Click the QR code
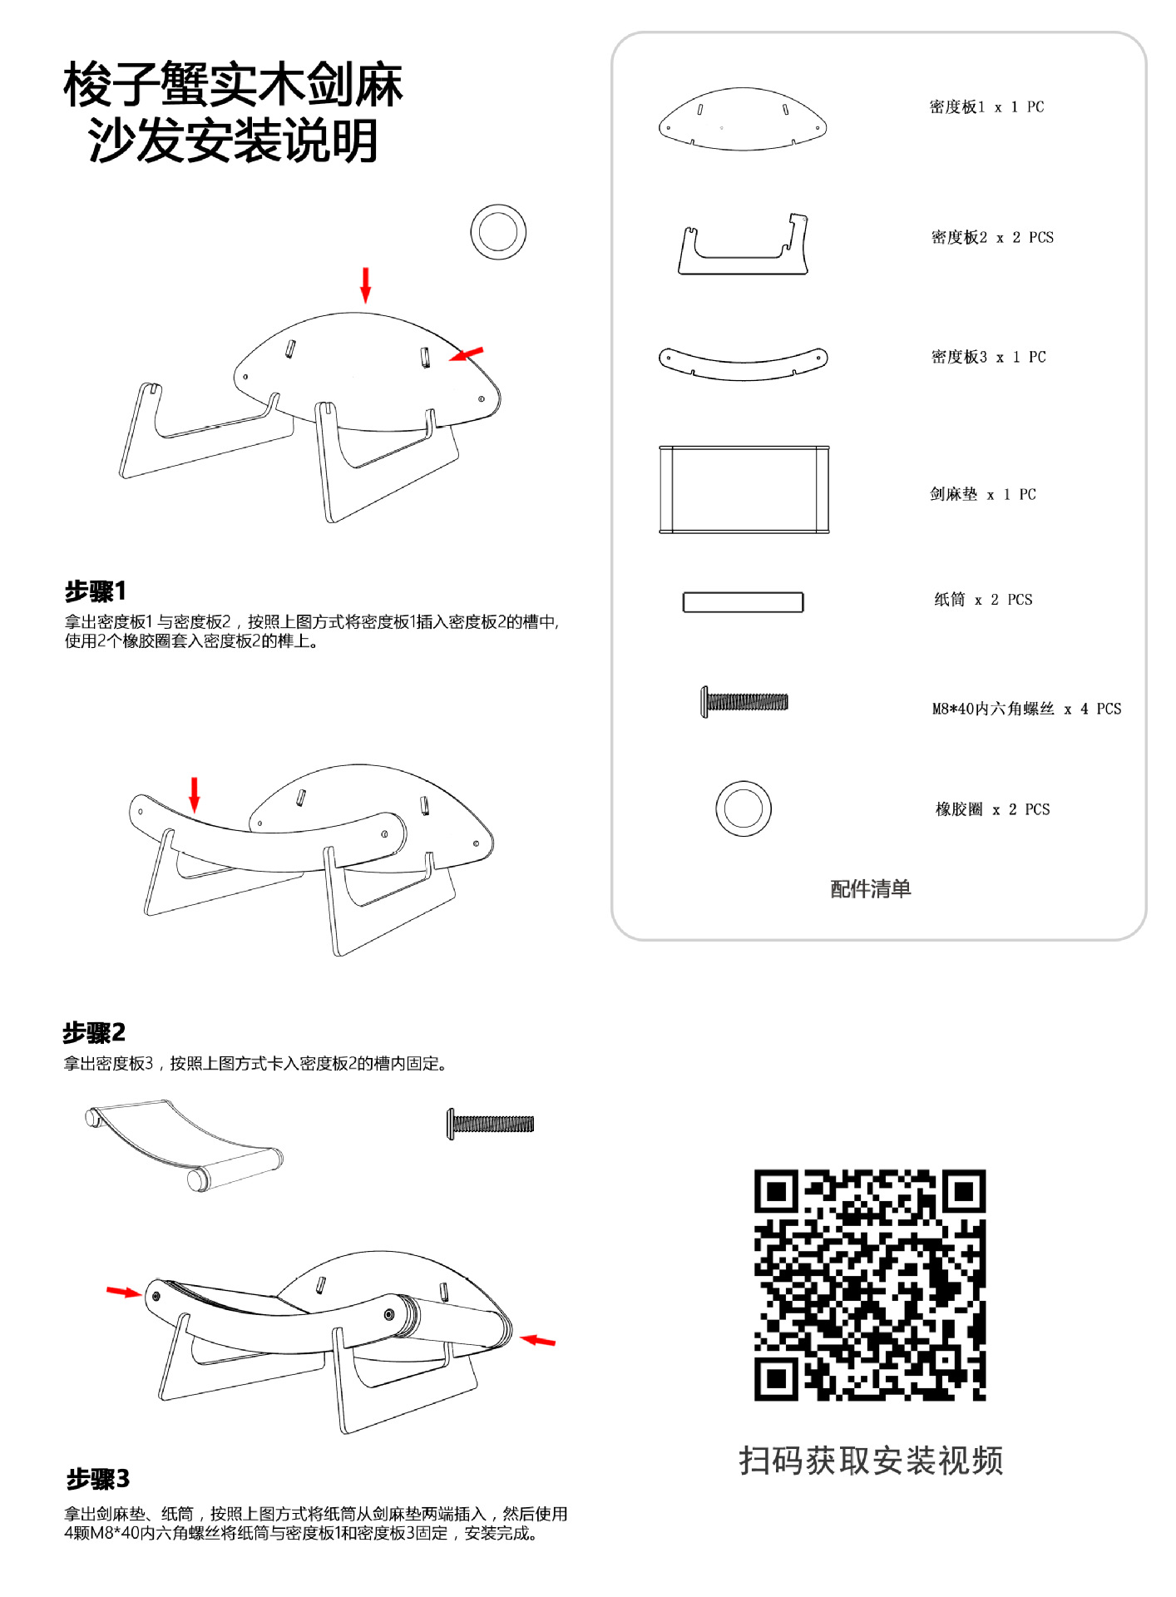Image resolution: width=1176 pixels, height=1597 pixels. pos(869,1284)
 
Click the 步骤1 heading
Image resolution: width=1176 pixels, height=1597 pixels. pos(96,591)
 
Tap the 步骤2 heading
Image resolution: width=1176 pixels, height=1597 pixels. pos(94,1032)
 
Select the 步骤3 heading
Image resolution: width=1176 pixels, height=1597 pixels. pos(98,1479)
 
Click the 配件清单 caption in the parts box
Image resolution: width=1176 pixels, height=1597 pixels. pos(870,888)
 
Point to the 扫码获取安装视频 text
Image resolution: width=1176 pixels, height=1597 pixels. pos(870,1461)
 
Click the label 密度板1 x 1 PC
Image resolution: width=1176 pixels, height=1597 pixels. pos(986,107)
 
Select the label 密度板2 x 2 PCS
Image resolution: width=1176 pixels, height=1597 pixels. pos(991,238)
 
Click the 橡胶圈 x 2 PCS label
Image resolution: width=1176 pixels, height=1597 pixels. pos(992,809)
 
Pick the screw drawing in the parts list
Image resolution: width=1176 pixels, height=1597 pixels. pos(744,702)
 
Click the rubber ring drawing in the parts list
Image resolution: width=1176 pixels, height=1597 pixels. pos(743,808)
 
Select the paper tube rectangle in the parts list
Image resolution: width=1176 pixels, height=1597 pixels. pos(743,602)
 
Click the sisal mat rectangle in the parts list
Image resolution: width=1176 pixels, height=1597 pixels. pos(744,489)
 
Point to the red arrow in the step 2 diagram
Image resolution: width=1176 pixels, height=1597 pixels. pos(195,794)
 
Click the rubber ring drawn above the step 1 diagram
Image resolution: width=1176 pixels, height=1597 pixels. pos(497,232)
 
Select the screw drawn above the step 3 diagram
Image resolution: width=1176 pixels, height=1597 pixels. pos(491,1124)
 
